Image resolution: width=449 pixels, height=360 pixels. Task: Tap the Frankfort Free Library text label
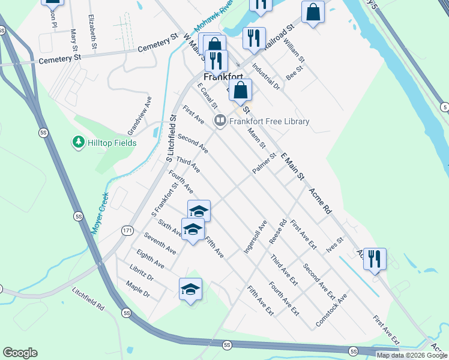(269, 121)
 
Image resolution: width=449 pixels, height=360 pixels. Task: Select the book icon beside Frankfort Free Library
(220, 121)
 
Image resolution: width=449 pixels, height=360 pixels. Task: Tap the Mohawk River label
(213, 19)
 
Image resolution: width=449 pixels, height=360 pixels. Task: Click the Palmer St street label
(264, 164)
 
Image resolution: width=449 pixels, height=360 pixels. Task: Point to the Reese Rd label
(279, 230)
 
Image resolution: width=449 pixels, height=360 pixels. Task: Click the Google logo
(20, 353)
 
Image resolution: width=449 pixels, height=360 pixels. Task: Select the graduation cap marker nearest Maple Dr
(190, 290)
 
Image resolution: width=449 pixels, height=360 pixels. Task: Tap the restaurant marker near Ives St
(375, 259)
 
